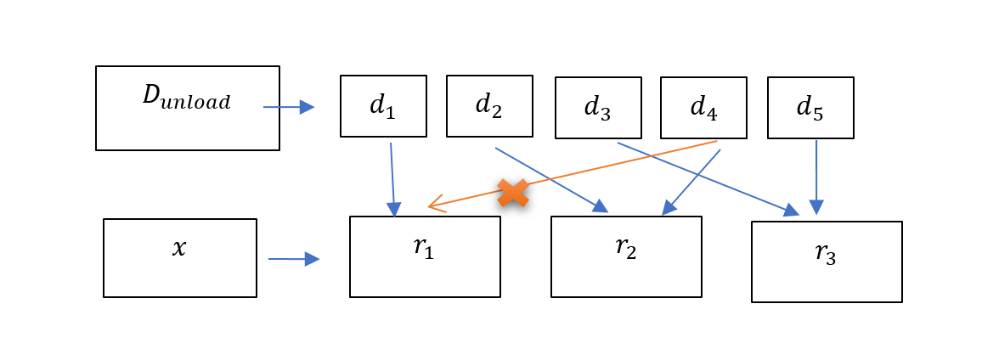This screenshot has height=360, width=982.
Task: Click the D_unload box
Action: (187, 109)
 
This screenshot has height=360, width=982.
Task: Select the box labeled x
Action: (179, 258)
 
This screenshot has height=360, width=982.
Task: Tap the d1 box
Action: (383, 106)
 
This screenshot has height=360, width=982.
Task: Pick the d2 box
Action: (489, 106)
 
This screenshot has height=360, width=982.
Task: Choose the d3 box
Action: (598, 108)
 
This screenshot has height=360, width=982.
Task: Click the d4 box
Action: (703, 108)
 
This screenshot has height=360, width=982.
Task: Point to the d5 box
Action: (810, 108)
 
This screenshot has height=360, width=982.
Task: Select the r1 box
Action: (425, 256)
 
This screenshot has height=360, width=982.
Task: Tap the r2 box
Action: (626, 256)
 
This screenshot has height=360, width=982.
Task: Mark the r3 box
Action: (827, 262)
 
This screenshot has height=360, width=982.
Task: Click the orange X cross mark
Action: (513, 193)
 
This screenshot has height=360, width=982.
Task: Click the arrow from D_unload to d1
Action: (289, 107)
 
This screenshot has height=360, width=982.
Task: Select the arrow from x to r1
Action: (294, 259)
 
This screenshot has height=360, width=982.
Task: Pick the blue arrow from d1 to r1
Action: (392, 178)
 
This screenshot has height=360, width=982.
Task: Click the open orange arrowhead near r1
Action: (435, 205)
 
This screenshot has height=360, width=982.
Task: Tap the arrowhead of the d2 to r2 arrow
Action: (601, 206)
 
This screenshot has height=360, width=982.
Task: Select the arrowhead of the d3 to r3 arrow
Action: (791, 210)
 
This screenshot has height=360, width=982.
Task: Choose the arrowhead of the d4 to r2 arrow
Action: (669, 207)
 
